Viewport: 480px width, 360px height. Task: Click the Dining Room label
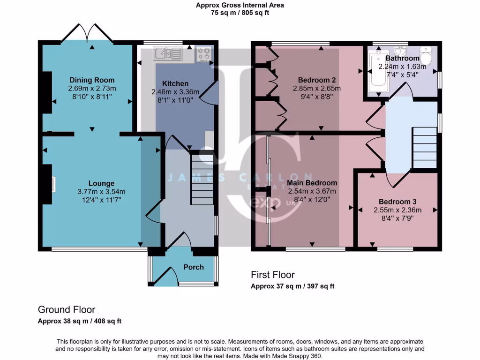92,80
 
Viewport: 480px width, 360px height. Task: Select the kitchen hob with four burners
204,54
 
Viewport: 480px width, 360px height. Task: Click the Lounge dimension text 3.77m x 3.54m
102,192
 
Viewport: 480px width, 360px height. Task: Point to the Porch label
194,267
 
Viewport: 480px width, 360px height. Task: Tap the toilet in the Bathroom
426,56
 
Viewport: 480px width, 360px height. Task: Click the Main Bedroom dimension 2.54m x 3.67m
312,191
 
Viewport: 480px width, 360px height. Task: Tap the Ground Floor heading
67,310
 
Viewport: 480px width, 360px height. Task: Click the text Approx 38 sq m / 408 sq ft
80,321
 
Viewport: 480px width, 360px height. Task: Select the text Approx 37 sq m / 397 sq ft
292,286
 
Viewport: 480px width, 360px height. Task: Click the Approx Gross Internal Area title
240,6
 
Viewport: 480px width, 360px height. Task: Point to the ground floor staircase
202,180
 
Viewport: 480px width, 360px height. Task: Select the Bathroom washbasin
400,50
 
